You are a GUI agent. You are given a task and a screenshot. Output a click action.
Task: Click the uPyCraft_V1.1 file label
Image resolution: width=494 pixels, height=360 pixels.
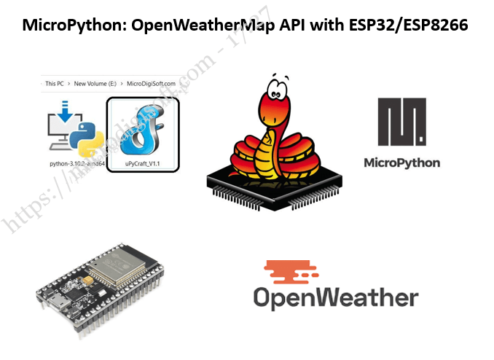(144, 165)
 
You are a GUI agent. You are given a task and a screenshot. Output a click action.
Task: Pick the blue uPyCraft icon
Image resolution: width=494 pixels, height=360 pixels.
(144, 131)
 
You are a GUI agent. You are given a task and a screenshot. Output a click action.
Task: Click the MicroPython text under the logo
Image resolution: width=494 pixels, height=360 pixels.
(402, 163)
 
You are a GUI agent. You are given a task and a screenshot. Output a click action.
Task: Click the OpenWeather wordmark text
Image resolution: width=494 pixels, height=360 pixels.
(336, 297)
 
